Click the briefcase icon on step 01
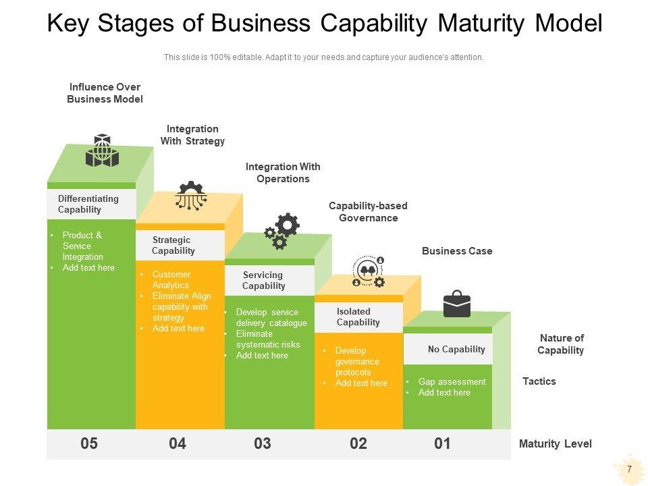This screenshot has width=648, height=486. (x=457, y=304)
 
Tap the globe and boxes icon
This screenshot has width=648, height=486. (x=102, y=151)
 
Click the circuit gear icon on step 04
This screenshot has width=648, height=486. (x=191, y=196)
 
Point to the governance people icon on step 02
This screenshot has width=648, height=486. (x=369, y=272)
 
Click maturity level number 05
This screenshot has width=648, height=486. (x=89, y=443)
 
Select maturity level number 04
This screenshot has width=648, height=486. (x=178, y=443)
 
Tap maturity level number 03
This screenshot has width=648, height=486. (x=263, y=443)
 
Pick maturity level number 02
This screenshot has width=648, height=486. (x=358, y=443)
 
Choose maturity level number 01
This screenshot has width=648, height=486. (x=442, y=443)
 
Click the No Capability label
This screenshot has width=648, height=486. (x=456, y=349)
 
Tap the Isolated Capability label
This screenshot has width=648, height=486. (x=358, y=317)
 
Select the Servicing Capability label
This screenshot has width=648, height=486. (x=263, y=280)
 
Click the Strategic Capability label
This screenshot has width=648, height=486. (x=173, y=245)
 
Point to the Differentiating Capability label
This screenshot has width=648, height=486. (x=88, y=204)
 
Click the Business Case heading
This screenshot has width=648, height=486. (x=457, y=251)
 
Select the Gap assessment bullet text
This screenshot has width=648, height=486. (x=452, y=381)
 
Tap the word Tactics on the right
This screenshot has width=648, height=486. (x=539, y=381)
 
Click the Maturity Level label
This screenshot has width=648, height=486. (x=555, y=443)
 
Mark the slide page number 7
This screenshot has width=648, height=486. (x=629, y=469)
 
